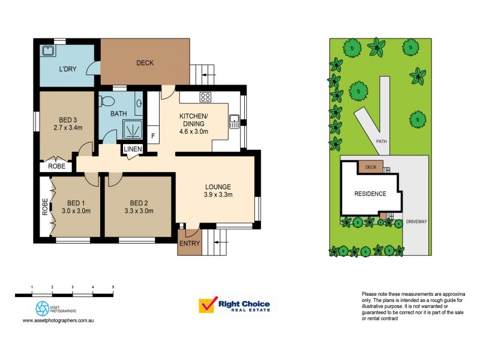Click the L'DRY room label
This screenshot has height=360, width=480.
point(67,70)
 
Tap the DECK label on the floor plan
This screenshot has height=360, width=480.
point(145,62)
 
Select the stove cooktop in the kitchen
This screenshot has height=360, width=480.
point(205,97)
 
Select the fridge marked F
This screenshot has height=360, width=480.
point(153,136)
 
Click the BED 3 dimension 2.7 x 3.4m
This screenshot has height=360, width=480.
point(67,127)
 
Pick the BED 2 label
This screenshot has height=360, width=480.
point(139,202)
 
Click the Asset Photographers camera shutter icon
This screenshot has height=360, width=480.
point(43,308)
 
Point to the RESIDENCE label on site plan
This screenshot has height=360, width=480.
point(370,194)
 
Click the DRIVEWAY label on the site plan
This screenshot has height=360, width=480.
point(416,221)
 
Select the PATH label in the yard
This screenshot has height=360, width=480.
point(380,142)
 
